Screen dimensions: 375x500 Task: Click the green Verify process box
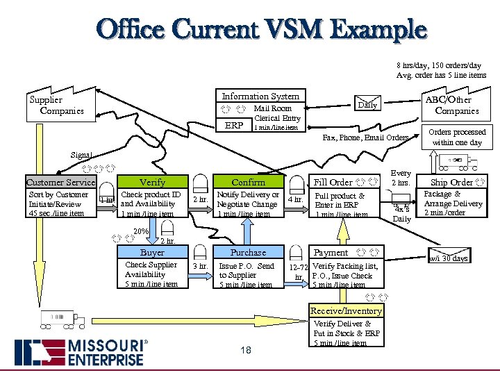click(x=152, y=182)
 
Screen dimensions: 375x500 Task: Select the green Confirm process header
click(x=248, y=182)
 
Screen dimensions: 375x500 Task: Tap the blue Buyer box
click(x=152, y=253)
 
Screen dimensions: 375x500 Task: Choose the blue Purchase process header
click(x=248, y=253)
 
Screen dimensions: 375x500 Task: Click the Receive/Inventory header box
click(x=346, y=310)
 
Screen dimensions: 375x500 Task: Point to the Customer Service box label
click(x=60, y=183)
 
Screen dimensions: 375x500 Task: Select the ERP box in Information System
click(x=234, y=126)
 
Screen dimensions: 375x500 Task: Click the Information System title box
click(x=260, y=97)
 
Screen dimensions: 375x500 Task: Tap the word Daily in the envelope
click(x=367, y=106)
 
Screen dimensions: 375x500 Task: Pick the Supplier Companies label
click(x=55, y=105)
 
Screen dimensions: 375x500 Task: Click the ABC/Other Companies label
click(x=456, y=106)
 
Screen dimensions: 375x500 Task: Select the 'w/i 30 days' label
click(x=449, y=258)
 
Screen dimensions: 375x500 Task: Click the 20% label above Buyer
click(x=140, y=231)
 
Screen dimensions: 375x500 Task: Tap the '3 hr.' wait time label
click(x=200, y=266)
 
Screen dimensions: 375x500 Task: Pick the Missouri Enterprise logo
click(x=81, y=352)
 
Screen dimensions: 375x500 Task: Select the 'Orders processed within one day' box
click(x=456, y=137)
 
